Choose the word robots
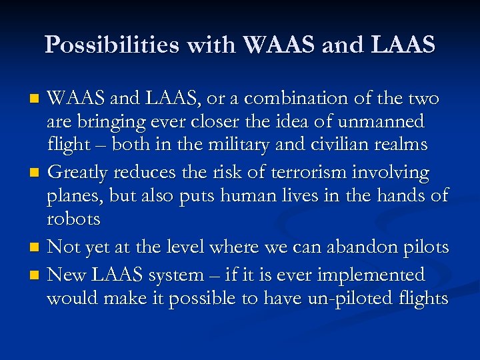(x=73, y=219)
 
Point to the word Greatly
(x=79, y=173)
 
